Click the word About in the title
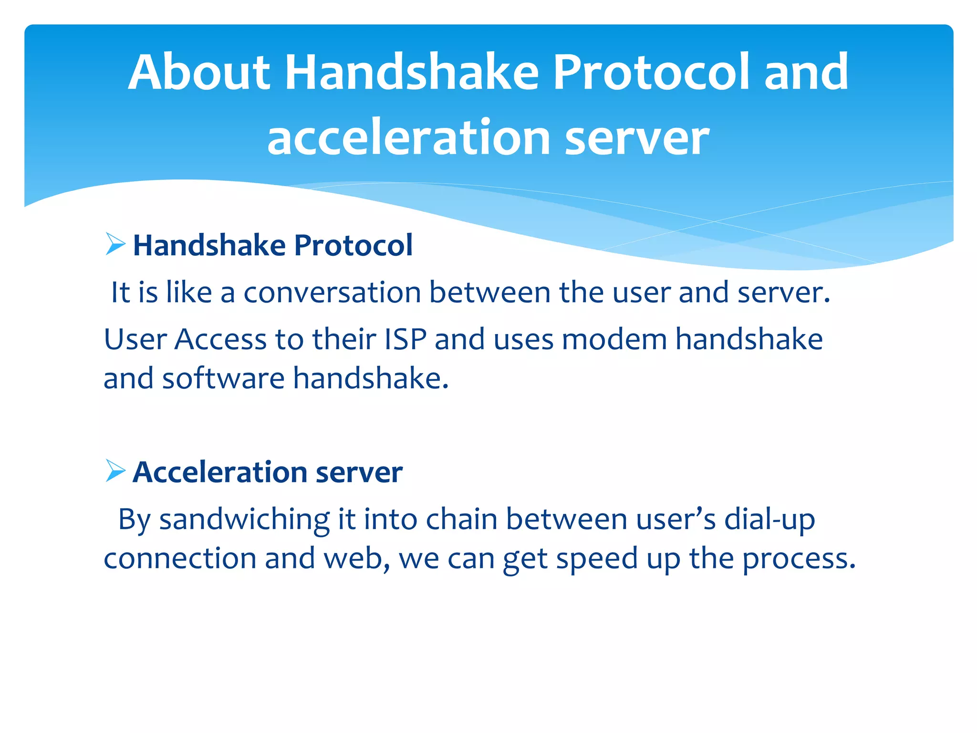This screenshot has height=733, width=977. click(x=200, y=73)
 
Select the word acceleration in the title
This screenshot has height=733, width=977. click(x=410, y=138)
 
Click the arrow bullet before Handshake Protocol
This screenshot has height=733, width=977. click(x=115, y=244)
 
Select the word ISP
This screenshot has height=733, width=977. click(x=405, y=339)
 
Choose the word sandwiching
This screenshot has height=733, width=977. click(x=244, y=519)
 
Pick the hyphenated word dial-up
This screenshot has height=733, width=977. click(x=769, y=519)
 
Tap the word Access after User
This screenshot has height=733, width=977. click(x=220, y=339)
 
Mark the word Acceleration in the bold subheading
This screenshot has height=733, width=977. click(x=220, y=472)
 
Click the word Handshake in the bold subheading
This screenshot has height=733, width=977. click(x=209, y=245)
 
